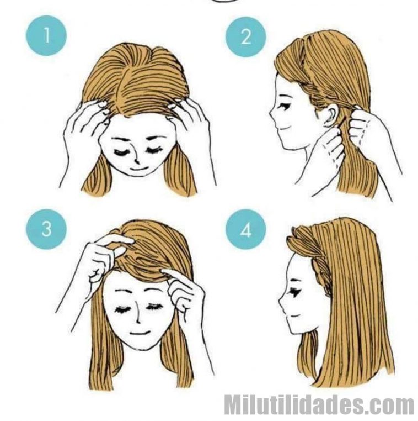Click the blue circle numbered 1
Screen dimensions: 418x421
46,35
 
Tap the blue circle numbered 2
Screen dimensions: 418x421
246,37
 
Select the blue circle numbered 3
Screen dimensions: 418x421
46,229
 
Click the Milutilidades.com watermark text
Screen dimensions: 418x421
319,404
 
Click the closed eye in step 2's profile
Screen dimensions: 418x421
285,106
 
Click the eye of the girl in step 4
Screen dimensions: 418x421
296,292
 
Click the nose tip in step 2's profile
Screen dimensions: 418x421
270,114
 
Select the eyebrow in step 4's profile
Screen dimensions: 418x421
294,280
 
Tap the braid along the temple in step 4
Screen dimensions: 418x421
321,271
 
